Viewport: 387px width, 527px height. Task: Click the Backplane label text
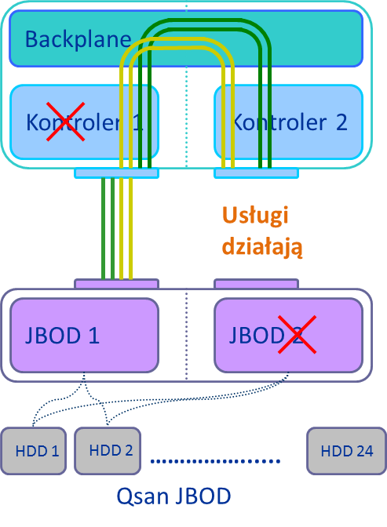coord(78,40)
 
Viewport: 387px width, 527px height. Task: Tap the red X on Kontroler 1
coord(65,122)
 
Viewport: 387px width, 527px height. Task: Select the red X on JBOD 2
coord(297,334)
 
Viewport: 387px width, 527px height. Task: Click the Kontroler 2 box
coord(288,122)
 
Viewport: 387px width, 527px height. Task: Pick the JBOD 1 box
coord(84,335)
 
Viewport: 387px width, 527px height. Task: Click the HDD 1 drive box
coord(34,451)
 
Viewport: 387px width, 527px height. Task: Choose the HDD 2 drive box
coord(108,451)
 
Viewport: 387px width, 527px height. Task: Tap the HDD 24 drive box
coord(346,451)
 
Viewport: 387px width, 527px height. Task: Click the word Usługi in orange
coord(255,216)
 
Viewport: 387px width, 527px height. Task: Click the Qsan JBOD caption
coord(173,496)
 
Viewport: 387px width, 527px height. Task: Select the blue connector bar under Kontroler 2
coord(257,173)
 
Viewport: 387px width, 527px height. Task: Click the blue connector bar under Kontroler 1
coord(116,173)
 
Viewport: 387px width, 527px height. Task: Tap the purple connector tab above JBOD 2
coord(257,284)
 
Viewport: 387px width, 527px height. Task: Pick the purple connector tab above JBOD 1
coord(116,284)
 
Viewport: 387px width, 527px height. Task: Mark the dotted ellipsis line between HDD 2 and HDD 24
coord(215,461)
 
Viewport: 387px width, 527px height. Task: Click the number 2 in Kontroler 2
coord(341,122)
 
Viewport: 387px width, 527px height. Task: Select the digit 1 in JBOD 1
coord(94,335)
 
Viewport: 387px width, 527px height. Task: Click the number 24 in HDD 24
coord(365,451)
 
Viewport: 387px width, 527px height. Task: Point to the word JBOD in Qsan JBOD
coord(203,496)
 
